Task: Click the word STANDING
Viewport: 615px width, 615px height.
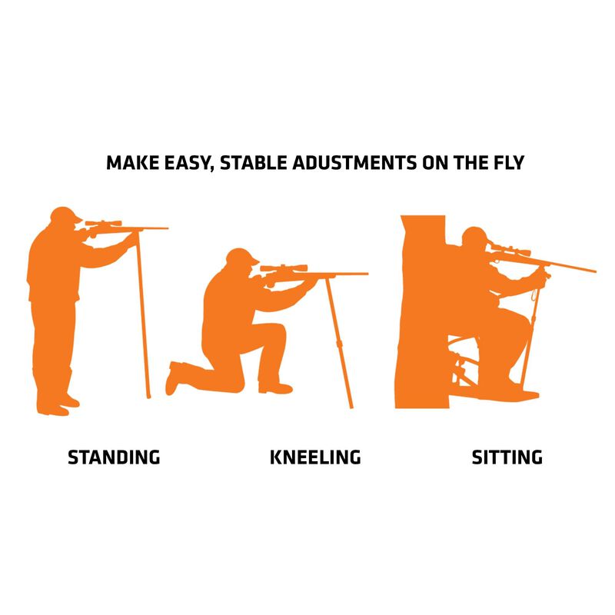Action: pyautogui.click(x=114, y=457)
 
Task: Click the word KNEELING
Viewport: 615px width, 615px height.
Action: pyautogui.click(x=315, y=457)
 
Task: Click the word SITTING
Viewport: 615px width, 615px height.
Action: pyautogui.click(x=507, y=457)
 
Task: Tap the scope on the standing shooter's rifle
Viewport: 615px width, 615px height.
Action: pyautogui.click(x=104, y=224)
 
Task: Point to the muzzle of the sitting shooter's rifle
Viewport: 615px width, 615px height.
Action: pyautogui.click(x=593, y=271)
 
